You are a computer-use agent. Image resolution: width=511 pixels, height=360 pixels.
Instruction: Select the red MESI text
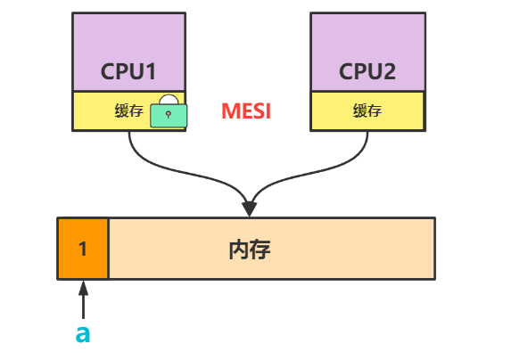point(245,112)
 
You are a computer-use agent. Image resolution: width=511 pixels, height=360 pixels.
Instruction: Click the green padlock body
point(168,116)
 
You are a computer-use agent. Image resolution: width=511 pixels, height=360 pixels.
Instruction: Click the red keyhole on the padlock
point(168,116)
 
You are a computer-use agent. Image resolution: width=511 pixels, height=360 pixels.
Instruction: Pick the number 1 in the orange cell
point(83,249)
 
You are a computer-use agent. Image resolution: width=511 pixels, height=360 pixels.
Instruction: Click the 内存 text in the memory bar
point(249,249)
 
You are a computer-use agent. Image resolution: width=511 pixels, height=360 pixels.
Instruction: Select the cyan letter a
point(82,334)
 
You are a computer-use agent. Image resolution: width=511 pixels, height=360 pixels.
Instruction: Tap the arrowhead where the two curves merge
point(249,209)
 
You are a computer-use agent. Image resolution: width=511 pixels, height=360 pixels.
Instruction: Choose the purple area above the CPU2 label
point(367,36)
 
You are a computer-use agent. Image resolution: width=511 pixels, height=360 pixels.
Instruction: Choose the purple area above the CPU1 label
point(128,36)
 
